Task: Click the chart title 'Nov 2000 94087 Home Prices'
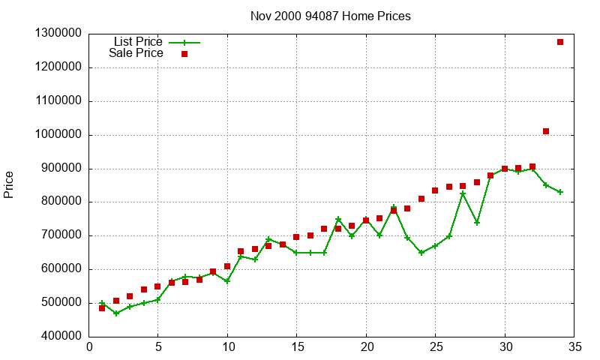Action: point(331,16)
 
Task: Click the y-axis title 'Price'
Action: point(9,184)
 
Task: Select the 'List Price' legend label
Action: point(138,41)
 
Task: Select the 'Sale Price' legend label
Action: point(136,53)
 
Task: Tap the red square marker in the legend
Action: point(184,54)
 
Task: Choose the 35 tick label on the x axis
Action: point(574,347)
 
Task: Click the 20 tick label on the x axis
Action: point(365,347)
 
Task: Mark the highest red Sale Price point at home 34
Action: point(560,42)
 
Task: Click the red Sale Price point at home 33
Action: point(546,131)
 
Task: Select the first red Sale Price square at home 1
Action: point(102,308)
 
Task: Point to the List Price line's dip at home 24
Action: point(421,253)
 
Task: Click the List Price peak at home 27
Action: point(463,193)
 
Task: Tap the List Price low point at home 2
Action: point(115,313)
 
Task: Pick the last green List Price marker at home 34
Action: point(560,192)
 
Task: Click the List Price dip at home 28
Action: point(477,223)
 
